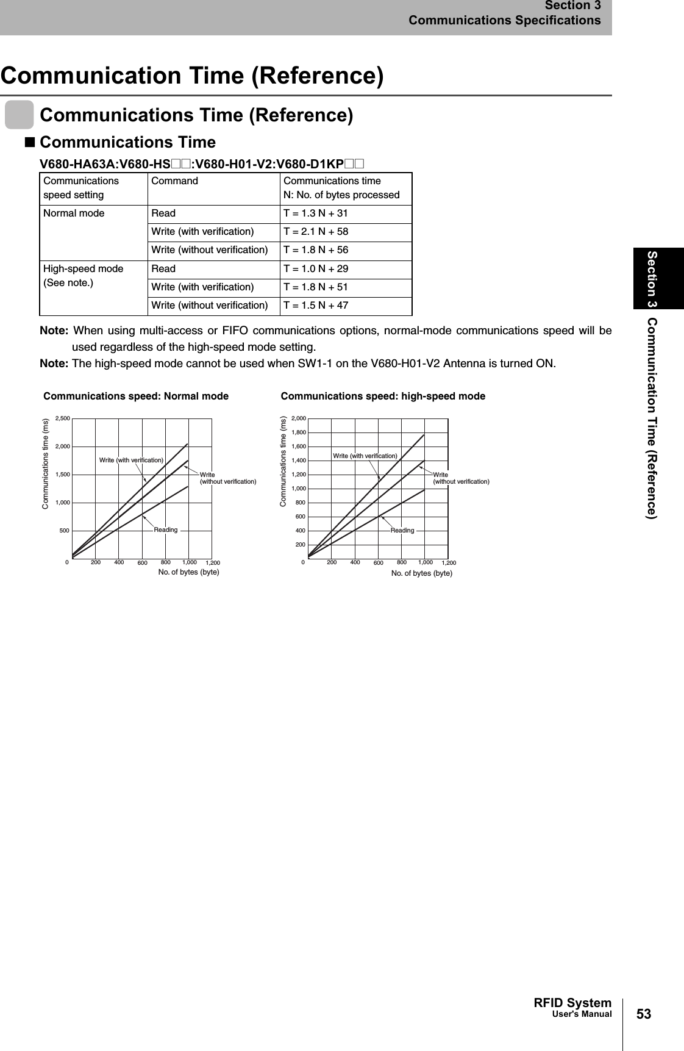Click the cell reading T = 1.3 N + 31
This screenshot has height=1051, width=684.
pyautogui.click(x=316, y=213)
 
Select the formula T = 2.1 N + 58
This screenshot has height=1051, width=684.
pyautogui.click(x=316, y=232)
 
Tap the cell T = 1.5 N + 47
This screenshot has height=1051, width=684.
pyautogui.click(x=316, y=305)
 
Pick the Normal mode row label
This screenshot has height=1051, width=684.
pyautogui.click(x=74, y=213)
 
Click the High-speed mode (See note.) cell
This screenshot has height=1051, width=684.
pyautogui.click(x=83, y=276)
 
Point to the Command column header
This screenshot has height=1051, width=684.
pyautogui.click(x=174, y=181)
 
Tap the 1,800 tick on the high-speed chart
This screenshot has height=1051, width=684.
pyautogui.click(x=299, y=432)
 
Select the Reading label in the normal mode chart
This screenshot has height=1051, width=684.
pyautogui.click(x=166, y=529)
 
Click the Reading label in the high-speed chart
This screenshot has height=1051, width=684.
pyautogui.click(x=402, y=530)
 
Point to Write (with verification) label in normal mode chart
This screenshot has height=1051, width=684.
pyautogui.click(x=131, y=459)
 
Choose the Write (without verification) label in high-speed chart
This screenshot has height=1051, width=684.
pyautogui.click(x=460, y=478)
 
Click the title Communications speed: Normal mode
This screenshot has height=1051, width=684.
pyautogui.click(x=136, y=396)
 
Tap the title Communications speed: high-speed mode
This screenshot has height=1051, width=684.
pyautogui.click(x=383, y=396)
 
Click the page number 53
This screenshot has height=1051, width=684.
pyautogui.click(x=644, y=1014)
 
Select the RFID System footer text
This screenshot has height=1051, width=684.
pyautogui.click(x=572, y=1003)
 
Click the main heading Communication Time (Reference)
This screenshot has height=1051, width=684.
pyautogui.click(x=193, y=76)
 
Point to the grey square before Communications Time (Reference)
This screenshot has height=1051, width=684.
pyautogui.click(x=20, y=116)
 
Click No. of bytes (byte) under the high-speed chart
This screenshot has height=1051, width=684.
pyautogui.click(x=421, y=573)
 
